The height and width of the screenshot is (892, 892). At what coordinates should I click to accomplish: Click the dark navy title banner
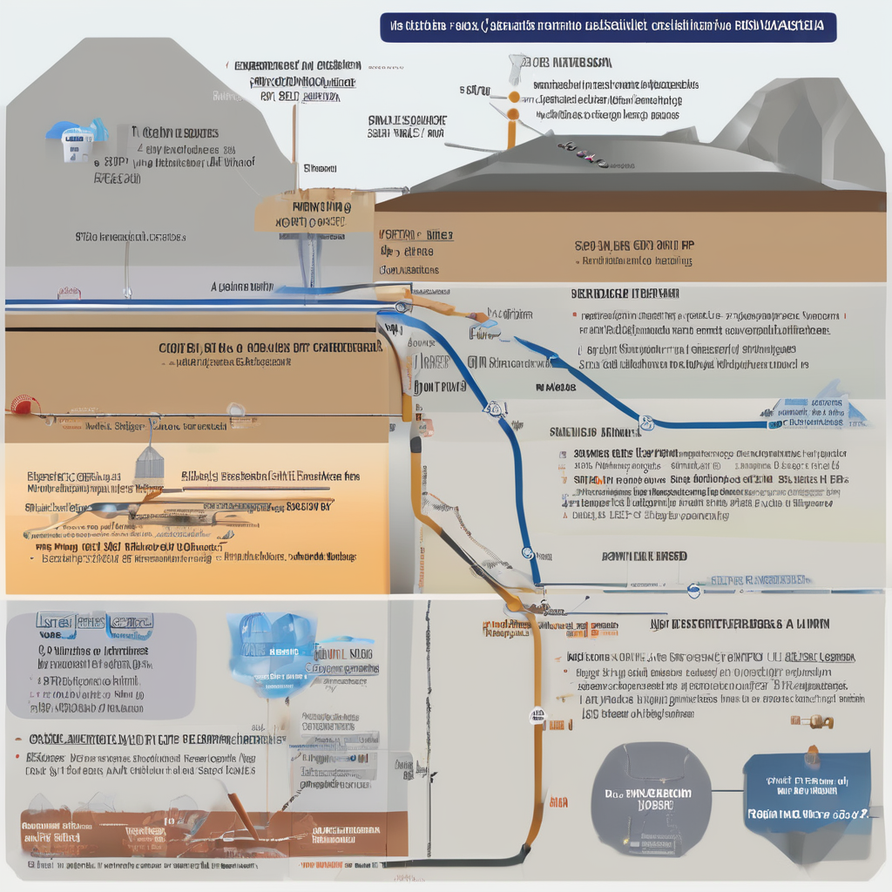pos(607,27)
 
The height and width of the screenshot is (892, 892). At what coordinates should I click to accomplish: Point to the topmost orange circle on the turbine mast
pos(514,96)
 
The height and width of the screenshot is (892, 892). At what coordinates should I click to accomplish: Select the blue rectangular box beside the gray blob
pos(807,797)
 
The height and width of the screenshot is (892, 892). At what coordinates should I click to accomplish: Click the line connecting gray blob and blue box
pos(727,793)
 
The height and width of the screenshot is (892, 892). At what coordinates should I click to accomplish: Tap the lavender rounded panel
pos(100,666)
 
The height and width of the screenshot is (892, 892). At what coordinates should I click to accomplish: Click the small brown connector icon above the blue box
pos(812,721)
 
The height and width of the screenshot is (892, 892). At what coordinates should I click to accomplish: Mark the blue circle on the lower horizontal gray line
pos(693,591)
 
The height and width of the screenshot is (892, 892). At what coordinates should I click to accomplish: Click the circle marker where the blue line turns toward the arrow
pos(645,423)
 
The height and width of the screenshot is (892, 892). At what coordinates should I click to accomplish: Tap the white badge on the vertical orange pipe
pos(537,716)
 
